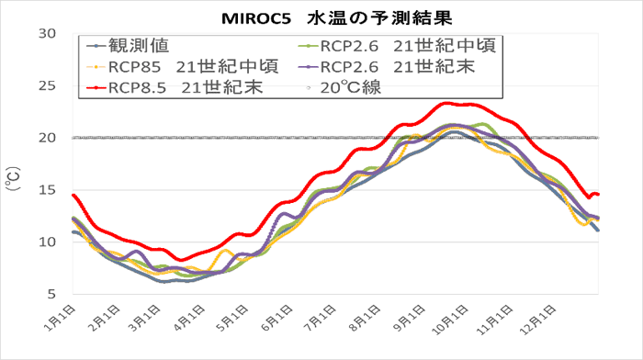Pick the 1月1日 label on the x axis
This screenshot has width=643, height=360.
click(60, 317)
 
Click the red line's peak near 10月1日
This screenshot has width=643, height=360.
click(447, 103)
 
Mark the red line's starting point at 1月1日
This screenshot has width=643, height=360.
click(73, 195)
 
